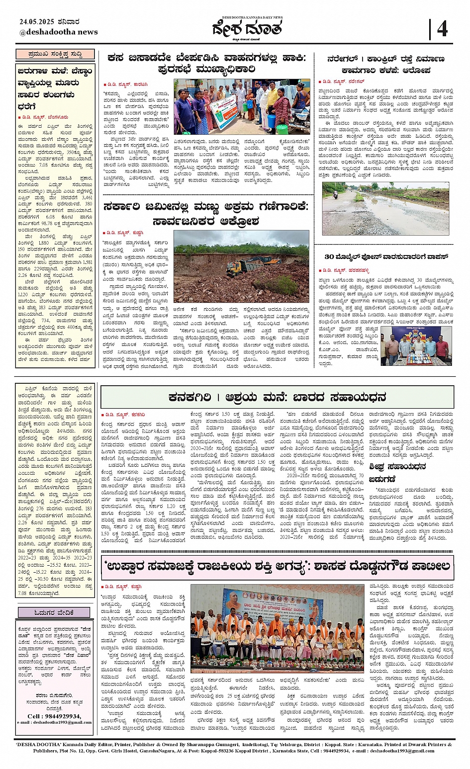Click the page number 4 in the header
click(442, 29)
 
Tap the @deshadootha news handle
click(59, 32)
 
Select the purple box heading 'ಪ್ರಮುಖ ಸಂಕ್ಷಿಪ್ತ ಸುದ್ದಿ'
click(55, 54)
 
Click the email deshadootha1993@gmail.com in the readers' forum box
click(55, 722)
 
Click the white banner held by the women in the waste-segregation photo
click(227, 111)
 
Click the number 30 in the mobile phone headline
click(329, 257)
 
